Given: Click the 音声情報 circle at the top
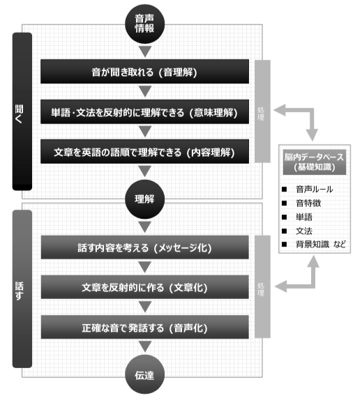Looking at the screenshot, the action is [x=144, y=24].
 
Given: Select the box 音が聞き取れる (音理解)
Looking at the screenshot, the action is [x=144, y=72].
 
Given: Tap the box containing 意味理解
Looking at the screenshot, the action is [x=144, y=112].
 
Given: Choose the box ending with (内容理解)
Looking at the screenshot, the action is [x=144, y=152].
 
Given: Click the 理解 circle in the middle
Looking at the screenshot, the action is [x=144, y=199].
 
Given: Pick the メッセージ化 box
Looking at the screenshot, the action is [x=144, y=247].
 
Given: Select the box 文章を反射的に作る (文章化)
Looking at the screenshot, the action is [x=144, y=287].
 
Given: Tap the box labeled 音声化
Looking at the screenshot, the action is [x=144, y=327].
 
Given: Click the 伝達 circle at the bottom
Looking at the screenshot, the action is [x=144, y=374].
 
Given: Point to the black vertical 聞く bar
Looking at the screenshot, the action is [x=22, y=112].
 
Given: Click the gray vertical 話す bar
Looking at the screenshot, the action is [x=22, y=289].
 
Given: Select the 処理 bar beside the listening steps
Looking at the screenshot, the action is [x=262, y=112].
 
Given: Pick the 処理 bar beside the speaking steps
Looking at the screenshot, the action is [x=262, y=286].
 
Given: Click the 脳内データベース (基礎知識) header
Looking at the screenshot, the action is [x=315, y=162].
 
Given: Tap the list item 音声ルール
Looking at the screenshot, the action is [x=314, y=190].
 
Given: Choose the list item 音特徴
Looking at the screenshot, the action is [x=308, y=203].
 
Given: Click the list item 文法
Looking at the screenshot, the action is [x=304, y=231].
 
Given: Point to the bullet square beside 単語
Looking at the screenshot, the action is [x=284, y=217].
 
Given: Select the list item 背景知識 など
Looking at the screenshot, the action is [x=321, y=244].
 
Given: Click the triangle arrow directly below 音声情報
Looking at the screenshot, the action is [x=145, y=52].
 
